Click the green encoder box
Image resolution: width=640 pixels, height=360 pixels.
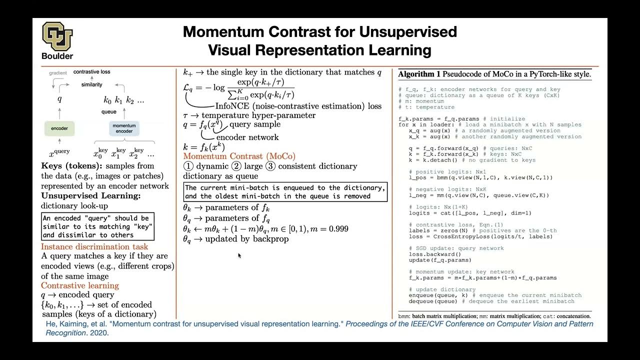(59, 128)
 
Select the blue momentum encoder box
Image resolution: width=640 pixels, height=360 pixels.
(124, 128)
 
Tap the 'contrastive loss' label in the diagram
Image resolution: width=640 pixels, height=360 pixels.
(91, 72)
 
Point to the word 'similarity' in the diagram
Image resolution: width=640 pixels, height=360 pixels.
(91, 85)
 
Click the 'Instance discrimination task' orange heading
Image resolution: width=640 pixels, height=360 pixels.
(94, 247)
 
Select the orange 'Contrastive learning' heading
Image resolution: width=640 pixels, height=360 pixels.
(80, 285)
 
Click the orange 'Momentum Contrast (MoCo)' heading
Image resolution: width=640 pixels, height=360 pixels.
(239, 156)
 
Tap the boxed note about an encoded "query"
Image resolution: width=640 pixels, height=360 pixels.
(97, 226)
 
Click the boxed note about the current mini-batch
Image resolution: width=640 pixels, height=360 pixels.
(285, 192)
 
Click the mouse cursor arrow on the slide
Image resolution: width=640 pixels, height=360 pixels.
(239, 255)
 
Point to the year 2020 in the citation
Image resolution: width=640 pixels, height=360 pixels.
(99, 333)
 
